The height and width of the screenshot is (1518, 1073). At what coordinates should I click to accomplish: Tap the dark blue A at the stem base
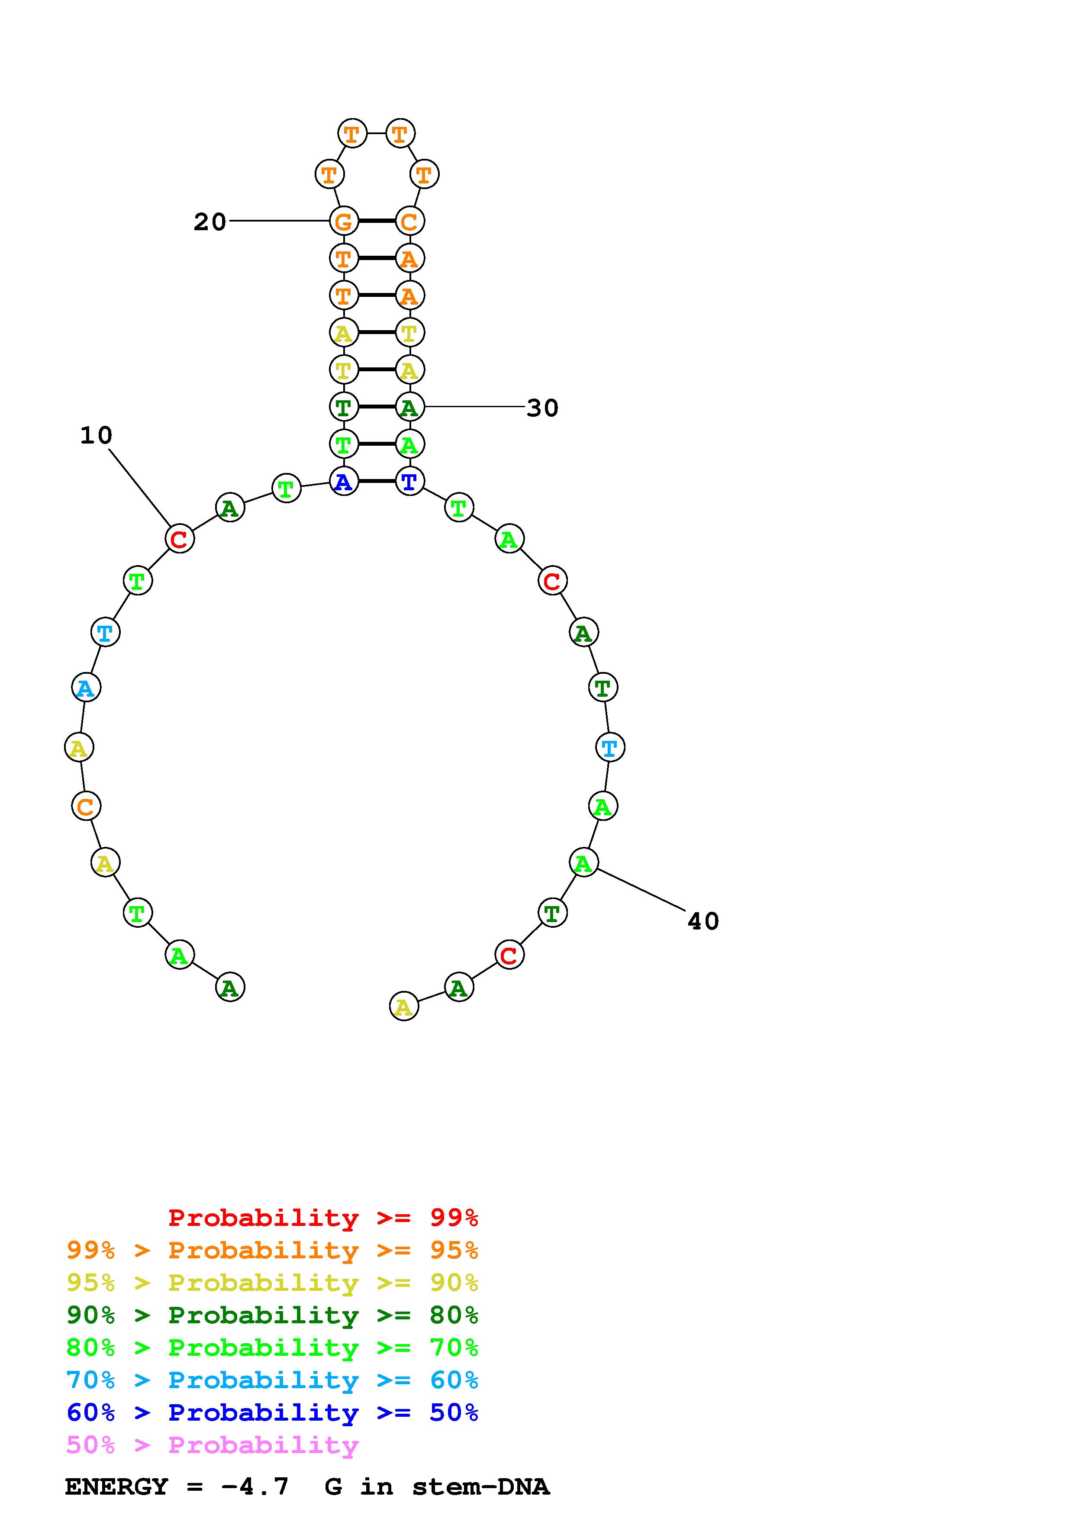tap(343, 481)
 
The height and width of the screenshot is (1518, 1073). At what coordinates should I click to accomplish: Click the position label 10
tap(97, 435)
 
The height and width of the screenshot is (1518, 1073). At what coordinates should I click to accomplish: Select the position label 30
tap(542, 408)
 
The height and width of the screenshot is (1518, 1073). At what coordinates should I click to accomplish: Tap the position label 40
tap(703, 921)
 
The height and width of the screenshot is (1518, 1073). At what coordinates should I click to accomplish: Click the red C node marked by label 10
tap(179, 539)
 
